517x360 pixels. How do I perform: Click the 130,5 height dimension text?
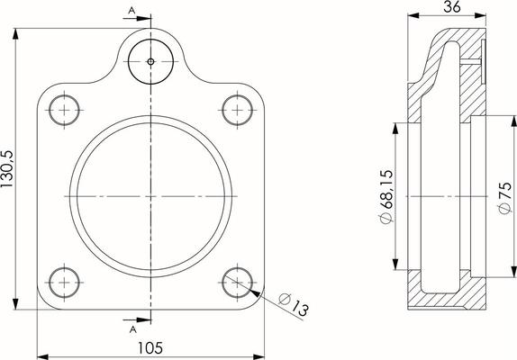click(x=6, y=169)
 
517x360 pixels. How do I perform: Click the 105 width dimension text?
click(x=150, y=347)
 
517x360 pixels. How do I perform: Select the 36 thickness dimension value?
click(x=452, y=6)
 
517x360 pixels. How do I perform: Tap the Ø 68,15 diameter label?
click(x=386, y=196)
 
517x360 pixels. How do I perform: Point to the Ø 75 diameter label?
click(x=504, y=198)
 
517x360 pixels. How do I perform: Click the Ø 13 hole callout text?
click(x=294, y=305)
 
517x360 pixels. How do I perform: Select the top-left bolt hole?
click(x=64, y=110)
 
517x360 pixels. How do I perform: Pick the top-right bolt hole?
click(x=238, y=110)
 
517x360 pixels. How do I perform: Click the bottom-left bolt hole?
click(x=64, y=283)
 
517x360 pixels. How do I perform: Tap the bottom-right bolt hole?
click(x=238, y=283)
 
